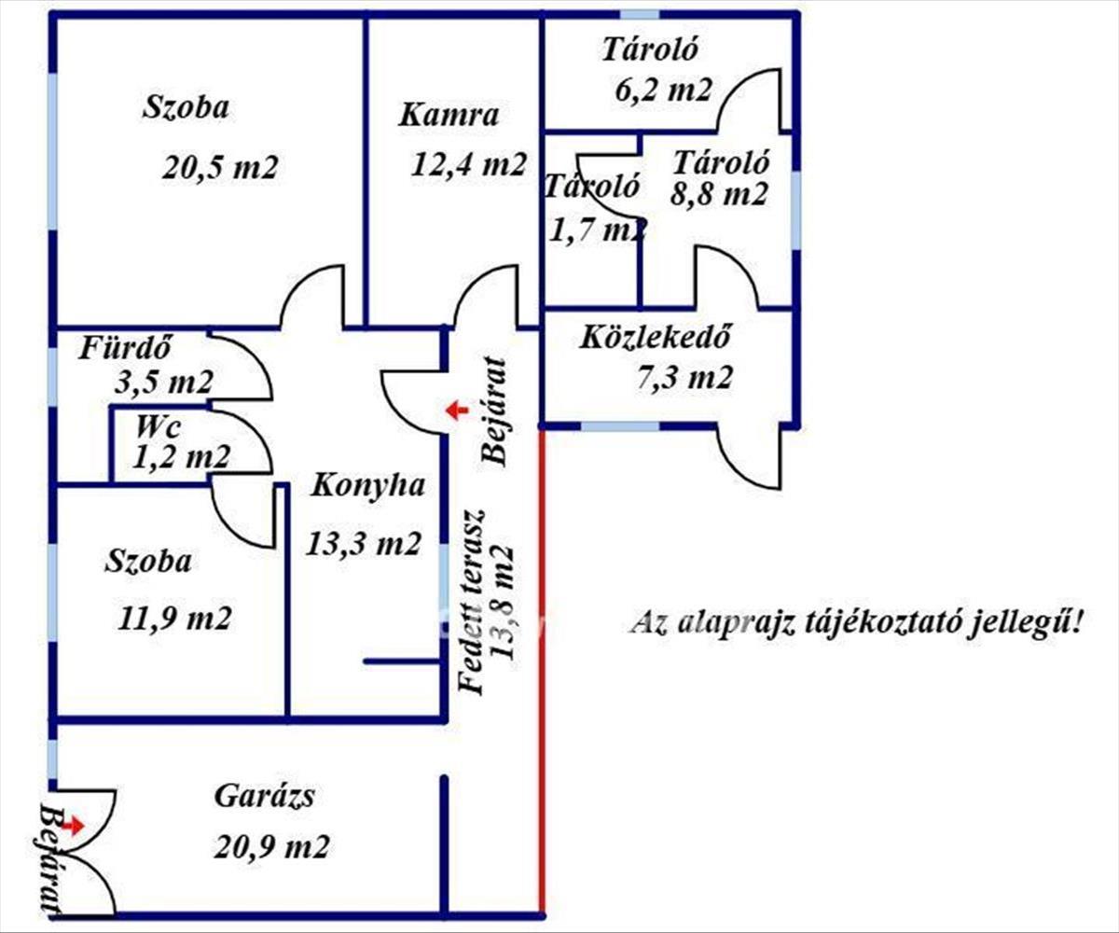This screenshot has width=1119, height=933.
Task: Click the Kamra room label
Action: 449,116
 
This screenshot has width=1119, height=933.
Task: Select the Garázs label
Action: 264,798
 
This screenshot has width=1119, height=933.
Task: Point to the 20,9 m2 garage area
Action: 271,847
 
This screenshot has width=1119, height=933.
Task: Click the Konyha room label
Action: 367,485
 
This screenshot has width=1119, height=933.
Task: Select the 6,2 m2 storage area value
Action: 664,90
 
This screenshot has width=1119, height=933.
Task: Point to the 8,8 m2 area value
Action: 719,194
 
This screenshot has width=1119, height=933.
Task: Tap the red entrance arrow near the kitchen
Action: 456,410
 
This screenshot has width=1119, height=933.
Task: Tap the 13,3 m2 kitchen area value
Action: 364,543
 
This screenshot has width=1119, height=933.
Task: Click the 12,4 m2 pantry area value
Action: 469,164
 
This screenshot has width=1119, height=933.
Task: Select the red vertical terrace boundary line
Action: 541,672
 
